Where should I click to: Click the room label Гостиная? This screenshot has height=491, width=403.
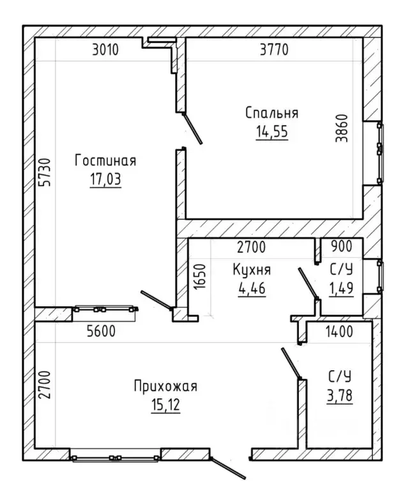(105, 161)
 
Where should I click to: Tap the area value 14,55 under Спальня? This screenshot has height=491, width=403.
(272, 132)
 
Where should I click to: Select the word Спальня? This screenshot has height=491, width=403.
(271, 113)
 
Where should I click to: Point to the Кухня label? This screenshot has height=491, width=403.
(252, 270)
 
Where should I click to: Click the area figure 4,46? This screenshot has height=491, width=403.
(252, 288)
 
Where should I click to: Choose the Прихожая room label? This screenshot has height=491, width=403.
(165, 386)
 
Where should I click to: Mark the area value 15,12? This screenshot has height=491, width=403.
(165, 405)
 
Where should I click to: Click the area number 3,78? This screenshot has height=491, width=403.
(340, 396)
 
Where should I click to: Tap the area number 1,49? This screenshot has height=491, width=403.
(341, 288)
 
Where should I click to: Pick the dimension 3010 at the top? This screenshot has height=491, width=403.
(105, 49)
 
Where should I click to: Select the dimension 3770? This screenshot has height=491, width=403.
(274, 49)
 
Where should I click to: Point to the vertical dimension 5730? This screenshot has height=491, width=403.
(45, 172)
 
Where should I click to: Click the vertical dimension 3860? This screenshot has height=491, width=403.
(342, 129)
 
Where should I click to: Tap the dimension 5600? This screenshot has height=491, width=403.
(102, 331)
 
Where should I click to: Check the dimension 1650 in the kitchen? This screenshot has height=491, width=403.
(201, 276)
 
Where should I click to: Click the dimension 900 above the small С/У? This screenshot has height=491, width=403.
(341, 246)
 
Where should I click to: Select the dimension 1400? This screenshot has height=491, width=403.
(339, 331)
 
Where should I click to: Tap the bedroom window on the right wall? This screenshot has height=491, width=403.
(380, 153)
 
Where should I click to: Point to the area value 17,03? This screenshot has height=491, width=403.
(105, 180)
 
